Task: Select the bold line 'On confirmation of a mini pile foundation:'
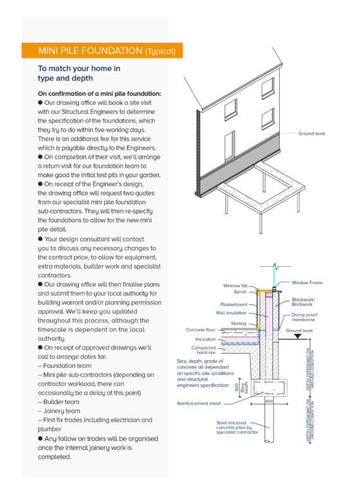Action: [x=90, y=94]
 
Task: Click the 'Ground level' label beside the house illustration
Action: [x=313, y=134]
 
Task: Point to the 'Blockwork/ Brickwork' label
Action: [x=308, y=302]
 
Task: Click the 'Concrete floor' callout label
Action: [x=201, y=330]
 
